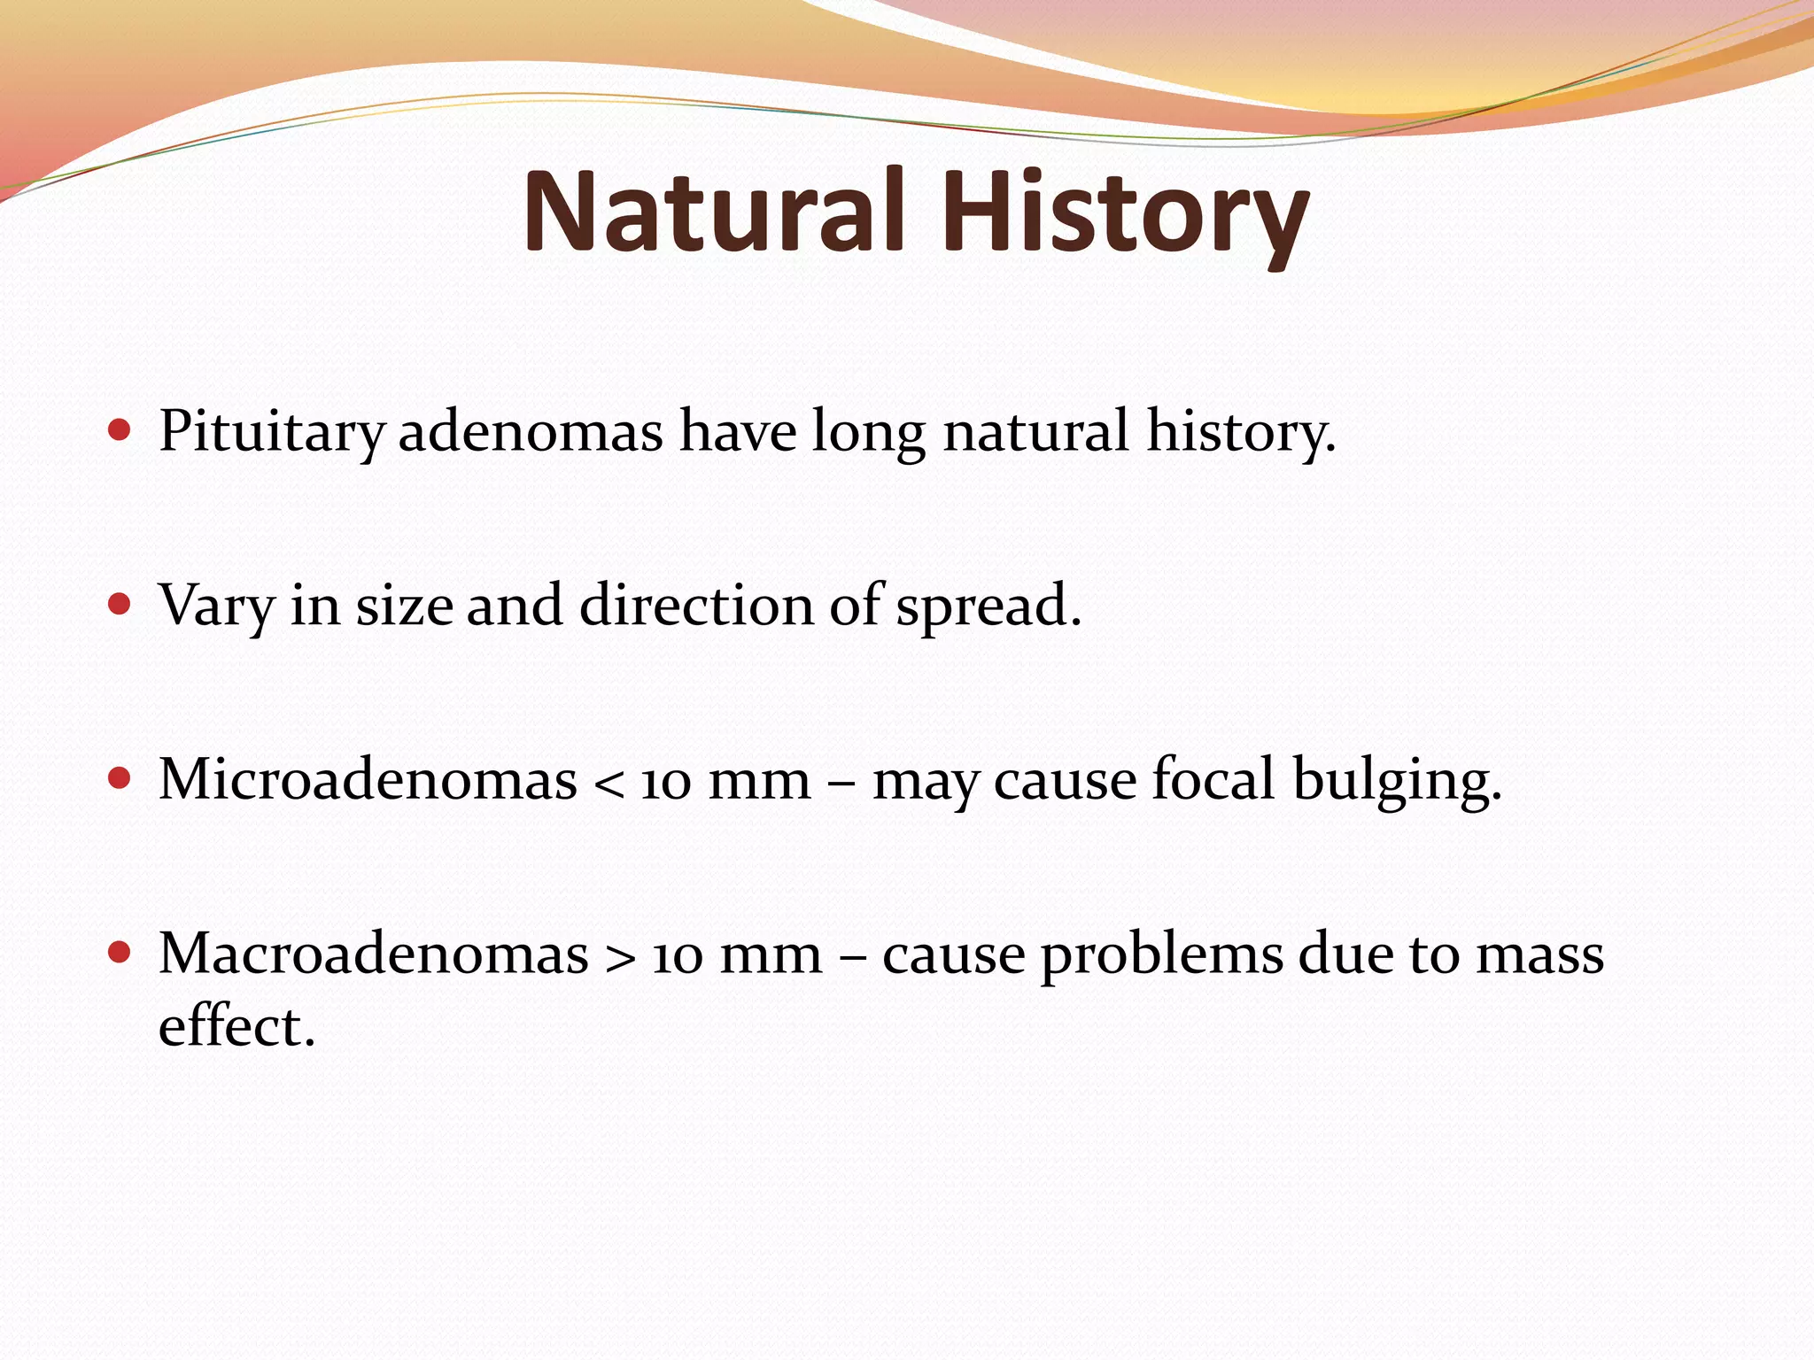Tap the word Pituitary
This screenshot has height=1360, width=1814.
coord(271,433)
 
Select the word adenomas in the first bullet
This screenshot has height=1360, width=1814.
coord(531,433)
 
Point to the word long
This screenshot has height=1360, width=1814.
coord(869,433)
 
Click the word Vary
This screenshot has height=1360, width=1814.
coord(216,607)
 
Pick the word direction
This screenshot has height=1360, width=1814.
coord(696,607)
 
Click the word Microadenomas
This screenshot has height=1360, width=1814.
coord(368,780)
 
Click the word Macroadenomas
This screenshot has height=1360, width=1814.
coord(373,954)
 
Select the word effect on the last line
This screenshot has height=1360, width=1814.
coord(236,1027)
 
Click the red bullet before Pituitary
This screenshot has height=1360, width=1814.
coord(119,431)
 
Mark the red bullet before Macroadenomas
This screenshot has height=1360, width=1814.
coord(119,953)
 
